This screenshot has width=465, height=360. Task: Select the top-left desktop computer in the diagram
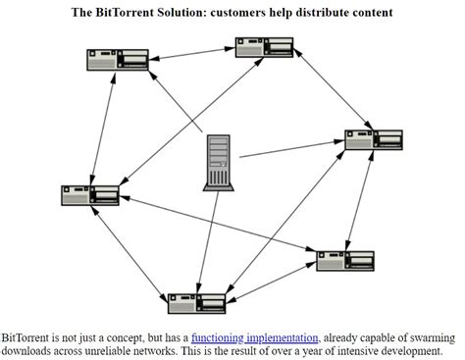(117, 59)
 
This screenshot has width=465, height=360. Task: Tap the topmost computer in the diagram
(264, 47)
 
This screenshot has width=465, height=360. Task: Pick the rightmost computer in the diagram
(374, 139)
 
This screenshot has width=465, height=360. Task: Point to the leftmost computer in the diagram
(90, 194)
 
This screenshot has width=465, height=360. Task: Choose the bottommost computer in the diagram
(197, 301)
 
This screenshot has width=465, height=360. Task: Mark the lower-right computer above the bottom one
(345, 260)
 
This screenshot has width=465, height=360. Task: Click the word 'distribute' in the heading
(318, 13)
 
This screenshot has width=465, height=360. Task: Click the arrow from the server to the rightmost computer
(291, 149)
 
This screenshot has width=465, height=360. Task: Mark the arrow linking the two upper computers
(192, 54)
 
